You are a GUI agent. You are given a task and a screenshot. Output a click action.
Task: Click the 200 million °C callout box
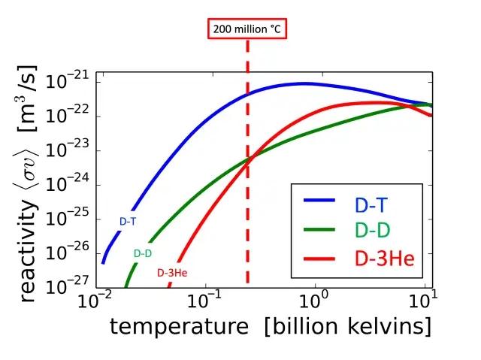click(247, 30)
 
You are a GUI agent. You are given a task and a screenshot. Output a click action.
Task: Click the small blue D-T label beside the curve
click(128, 221)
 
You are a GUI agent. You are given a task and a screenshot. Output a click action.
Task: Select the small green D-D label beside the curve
click(143, 253)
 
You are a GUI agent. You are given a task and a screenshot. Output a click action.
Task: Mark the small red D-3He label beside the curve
click(171, 273)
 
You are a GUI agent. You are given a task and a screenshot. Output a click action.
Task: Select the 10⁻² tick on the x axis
click(95, 303)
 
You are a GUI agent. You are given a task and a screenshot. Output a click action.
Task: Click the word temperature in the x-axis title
click(178, 328)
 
